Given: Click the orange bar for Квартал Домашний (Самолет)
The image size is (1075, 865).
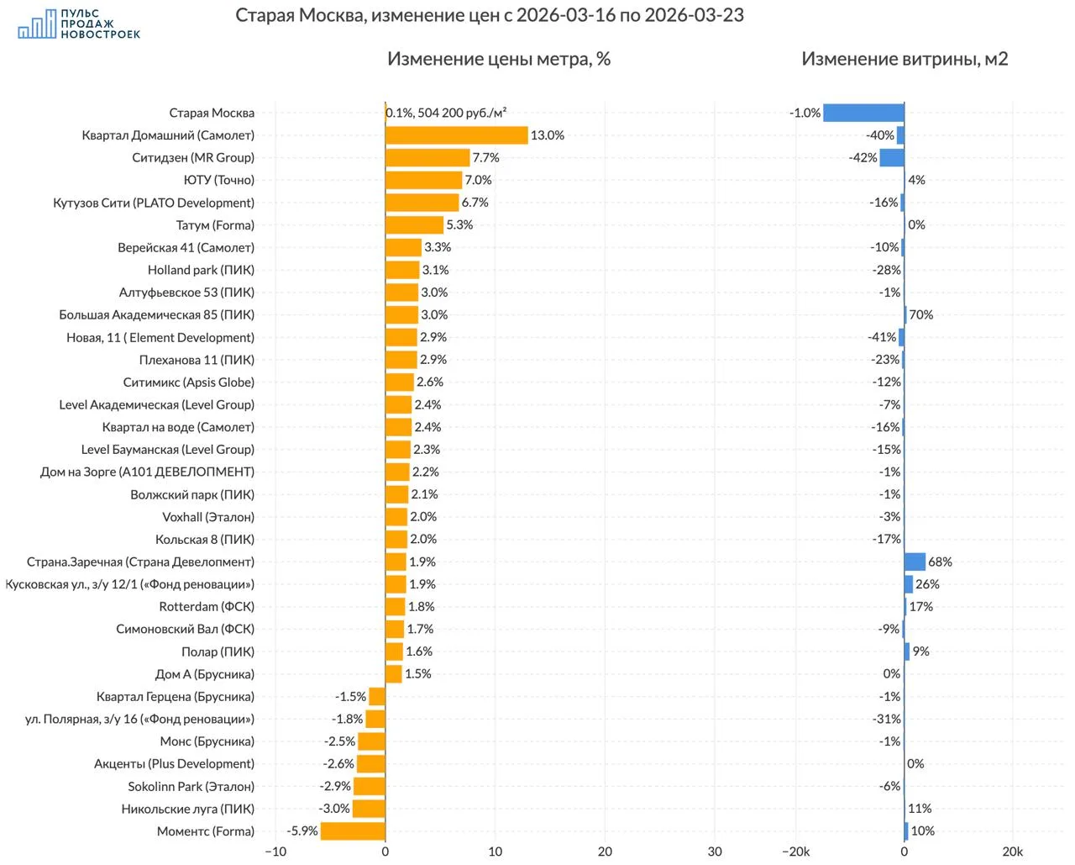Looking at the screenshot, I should click(x=457, y=135).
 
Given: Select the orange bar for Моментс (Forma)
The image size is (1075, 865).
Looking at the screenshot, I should click(x=353, y=831).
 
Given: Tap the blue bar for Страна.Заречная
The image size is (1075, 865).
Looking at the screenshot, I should click(x=915, y=562).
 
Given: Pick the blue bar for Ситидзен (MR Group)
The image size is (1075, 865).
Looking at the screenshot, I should click(x=892, y=158).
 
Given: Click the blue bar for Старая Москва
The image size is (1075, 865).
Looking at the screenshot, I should click(x=863, y=113).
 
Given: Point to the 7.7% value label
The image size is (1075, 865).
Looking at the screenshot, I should click(x=485, y=158).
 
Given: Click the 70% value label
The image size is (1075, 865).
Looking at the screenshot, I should click(x=921, y=314).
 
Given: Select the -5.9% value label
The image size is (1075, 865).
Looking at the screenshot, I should click(x=302, y=831).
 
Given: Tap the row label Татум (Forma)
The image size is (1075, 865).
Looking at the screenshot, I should click(x=215, y=225).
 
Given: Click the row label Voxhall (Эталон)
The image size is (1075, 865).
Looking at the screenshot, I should click(x=208, y=517).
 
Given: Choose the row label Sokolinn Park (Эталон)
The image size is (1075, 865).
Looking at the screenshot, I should click(x=191, y=787).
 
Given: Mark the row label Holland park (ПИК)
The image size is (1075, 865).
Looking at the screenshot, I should click(x=201, y=270).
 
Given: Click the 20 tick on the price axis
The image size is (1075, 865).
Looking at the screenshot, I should click(x=605, y=852).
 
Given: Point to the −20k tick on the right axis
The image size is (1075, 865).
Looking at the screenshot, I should click(x=795, y=852).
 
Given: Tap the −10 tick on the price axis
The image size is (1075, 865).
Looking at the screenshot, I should click(x=275, y=852).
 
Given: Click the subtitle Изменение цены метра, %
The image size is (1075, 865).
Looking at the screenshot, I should click(x=499, y=59).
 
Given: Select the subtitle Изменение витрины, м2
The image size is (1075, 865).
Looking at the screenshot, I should click(x=905, y=59).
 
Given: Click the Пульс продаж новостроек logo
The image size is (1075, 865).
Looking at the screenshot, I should click(x=79, y=24).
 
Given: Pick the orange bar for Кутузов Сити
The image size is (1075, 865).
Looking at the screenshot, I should click(x=422, y=203).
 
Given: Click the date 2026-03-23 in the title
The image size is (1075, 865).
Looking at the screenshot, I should click(x=694, y=15).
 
